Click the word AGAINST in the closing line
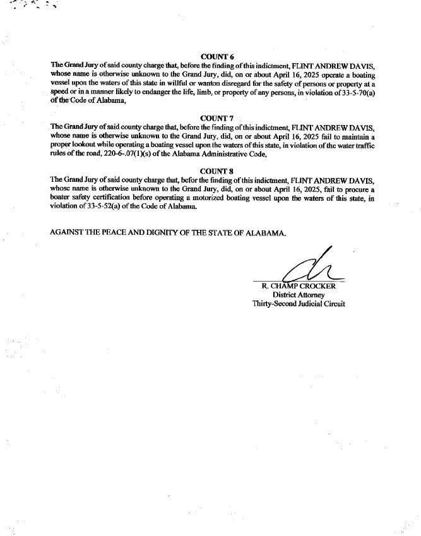tap(66, 232)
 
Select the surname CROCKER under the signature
tap(317, 286)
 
